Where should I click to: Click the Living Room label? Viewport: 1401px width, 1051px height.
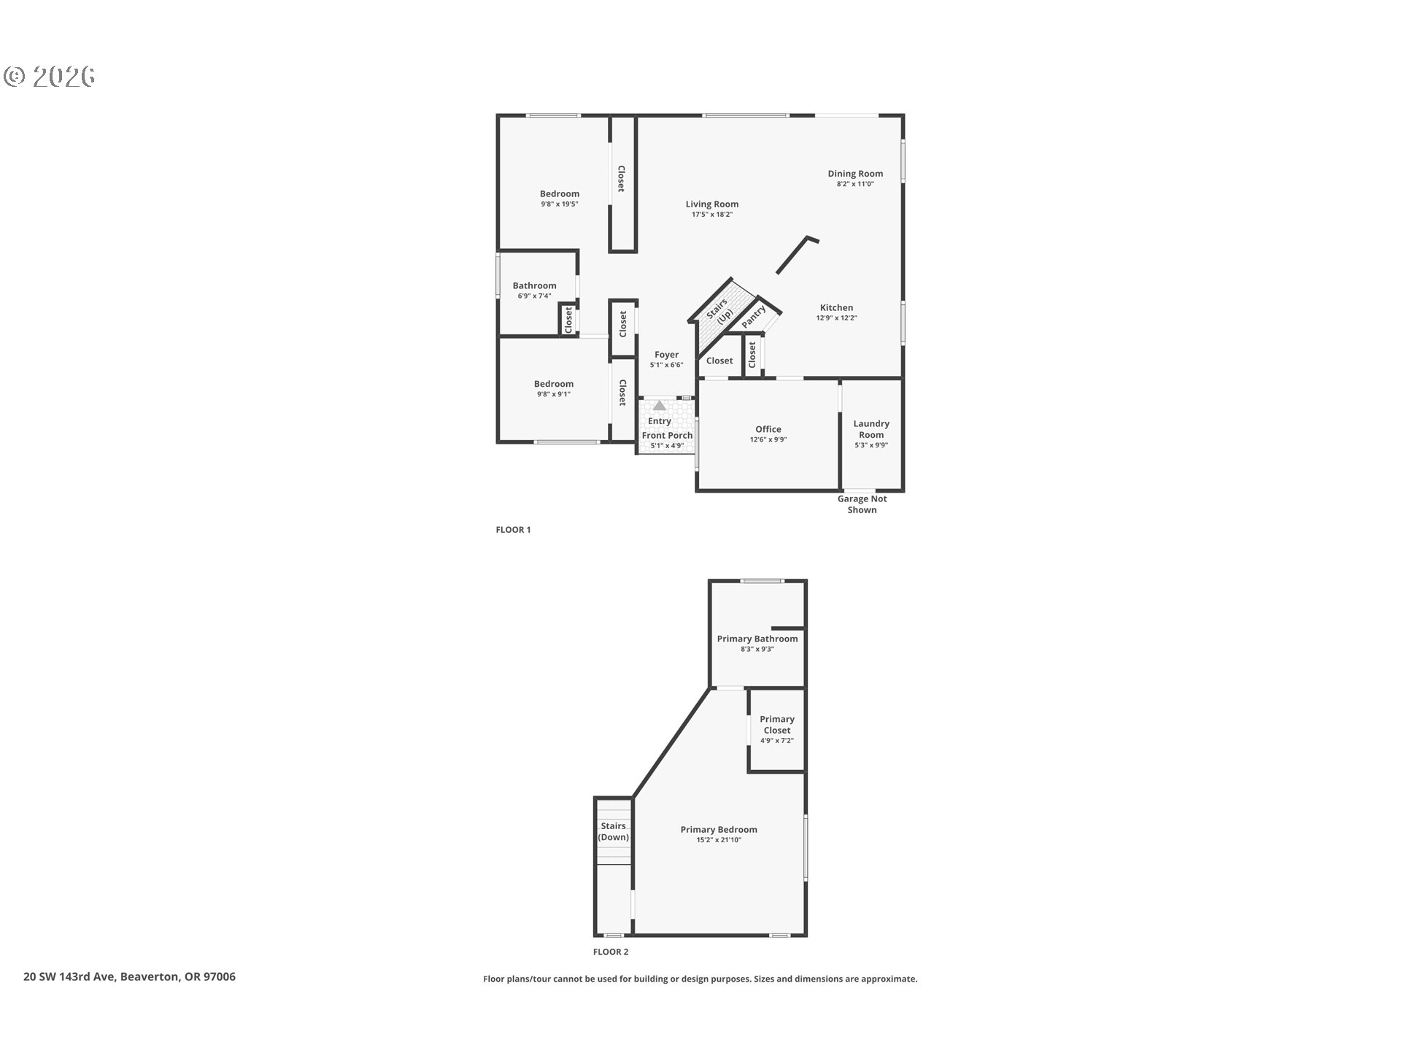(711, 204)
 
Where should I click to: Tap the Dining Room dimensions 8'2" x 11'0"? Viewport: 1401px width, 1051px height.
(855, 184)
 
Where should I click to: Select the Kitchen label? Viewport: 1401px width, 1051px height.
(836, 307)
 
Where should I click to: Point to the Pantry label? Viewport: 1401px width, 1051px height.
(754, 316)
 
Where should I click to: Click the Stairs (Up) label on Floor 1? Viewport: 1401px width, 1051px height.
(720, 311)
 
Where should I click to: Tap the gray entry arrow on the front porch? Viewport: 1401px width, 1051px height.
(660, 405)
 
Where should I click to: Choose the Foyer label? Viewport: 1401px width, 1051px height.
(666, 355)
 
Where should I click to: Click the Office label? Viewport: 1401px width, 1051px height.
(768, 429)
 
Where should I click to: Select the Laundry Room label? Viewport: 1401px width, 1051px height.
(871, 429)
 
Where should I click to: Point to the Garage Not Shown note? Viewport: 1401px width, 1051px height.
(862, 504)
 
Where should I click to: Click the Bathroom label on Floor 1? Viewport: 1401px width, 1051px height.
(534, 285)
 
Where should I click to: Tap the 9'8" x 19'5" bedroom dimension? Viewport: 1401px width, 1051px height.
(560, 204)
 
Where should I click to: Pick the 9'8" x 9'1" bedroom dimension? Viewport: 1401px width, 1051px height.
(554, 394)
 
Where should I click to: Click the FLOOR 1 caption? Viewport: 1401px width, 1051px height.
(513, 530)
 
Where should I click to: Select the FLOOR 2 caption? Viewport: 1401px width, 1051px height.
(611, 952)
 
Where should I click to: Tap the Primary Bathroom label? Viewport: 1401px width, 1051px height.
(757, 639)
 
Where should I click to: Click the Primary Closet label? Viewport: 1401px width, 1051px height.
(777, 725)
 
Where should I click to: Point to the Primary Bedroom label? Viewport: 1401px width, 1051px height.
(719, 829)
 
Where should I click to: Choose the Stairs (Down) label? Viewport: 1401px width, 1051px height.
(613, 831)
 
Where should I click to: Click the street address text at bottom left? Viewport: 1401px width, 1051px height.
(129, 977)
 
